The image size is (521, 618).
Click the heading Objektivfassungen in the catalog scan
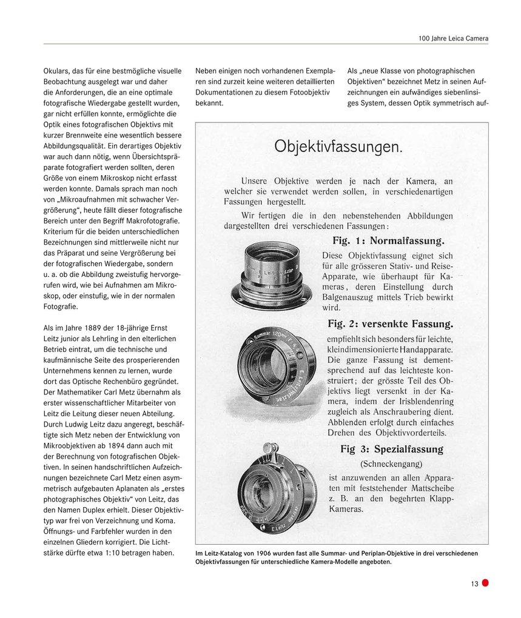pyautogui.click(x=338, y=147)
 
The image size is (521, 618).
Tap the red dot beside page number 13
pyautogui.click(x=485, y=583)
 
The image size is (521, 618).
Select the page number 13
pyautogui.click(x=474, y=584)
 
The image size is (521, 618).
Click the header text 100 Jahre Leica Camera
pyautogui.click(x=452, y=39)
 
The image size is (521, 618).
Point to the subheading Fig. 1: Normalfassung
pyautogui.click(x=388, y=241)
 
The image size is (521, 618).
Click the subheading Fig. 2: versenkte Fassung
pyautogui.click(x=390, y=324)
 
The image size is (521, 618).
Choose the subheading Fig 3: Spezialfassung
pyautogui.click(x=391, y=450)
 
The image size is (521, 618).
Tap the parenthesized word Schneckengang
pyautogui.click(x=391, y=463)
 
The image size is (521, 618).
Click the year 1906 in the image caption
pyautogui.click(x=258, y=553)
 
